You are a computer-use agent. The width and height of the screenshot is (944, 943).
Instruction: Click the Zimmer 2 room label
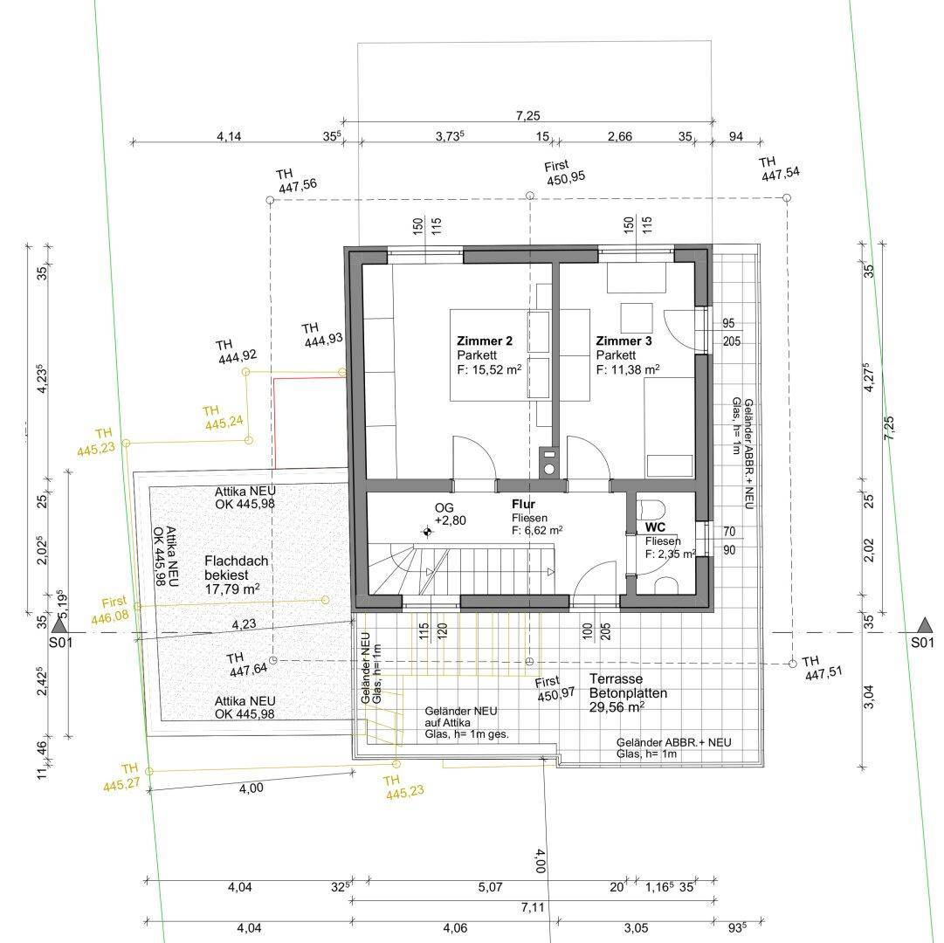tap(485, 341)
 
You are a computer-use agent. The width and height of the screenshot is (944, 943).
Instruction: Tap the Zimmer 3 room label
tap(624, 341)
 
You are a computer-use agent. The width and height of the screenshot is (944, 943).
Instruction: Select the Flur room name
tap(523, 504)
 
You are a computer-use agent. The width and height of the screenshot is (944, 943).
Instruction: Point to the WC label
tap(655, 527)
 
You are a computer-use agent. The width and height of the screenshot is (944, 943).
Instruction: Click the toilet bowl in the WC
tap(651, 509)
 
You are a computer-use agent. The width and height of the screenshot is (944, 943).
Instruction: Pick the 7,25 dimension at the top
tap(528, 115)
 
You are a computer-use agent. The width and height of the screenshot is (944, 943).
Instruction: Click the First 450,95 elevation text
tap(564, 173)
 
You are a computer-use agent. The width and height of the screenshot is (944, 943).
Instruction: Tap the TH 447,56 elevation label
tap(296, 180)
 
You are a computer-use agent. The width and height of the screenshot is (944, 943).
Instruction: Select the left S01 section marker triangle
tap(60, 624)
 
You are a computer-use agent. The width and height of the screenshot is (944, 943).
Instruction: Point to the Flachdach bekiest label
tap(236, 568)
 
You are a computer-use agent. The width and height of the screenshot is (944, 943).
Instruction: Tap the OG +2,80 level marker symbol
tap(427, 532)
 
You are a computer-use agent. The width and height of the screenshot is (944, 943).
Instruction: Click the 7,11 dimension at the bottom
tap(533, 907)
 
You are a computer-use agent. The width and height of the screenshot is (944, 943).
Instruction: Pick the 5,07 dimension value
tap(490, 887)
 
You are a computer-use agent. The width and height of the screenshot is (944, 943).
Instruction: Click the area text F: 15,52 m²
tap(489, 369)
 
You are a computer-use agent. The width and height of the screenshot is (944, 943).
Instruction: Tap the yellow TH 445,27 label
tap(121, 777)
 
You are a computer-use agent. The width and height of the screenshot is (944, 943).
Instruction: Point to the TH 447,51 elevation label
tap(822, 668)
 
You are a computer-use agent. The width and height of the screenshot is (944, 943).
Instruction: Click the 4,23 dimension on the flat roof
tap(244, 624)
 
